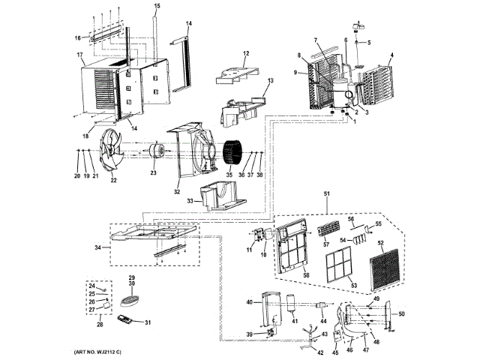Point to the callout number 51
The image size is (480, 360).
click(326, 193)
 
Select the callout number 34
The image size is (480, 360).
click(99, 247)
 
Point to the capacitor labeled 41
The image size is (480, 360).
click(289, 304)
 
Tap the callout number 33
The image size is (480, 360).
click(190, 200)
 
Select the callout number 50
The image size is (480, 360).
click(400, 313)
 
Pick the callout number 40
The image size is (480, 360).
click(250, 302)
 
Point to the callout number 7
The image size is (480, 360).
click(316, 39)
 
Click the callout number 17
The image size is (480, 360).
click(79, 55)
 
